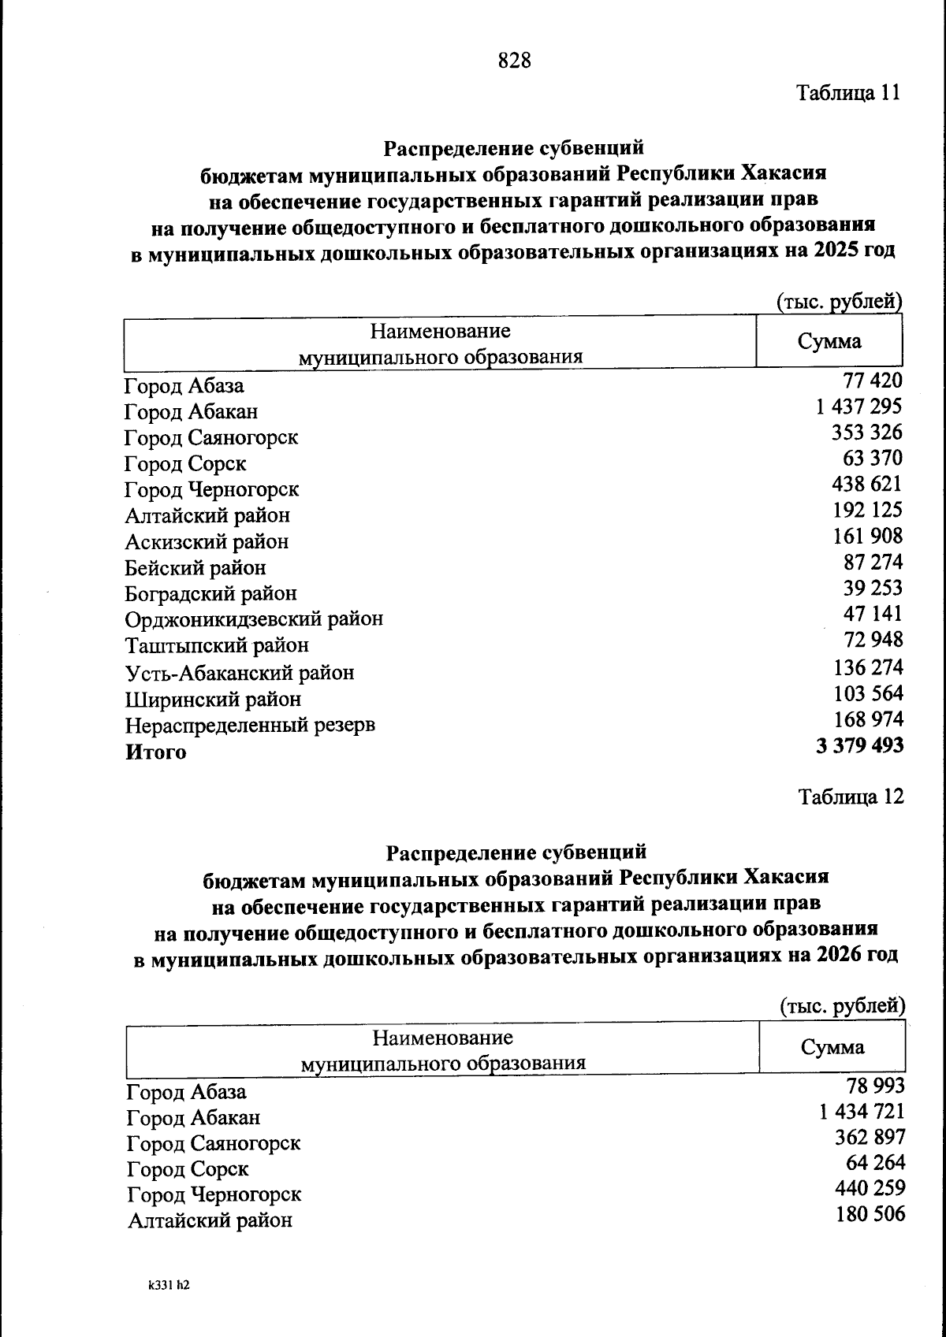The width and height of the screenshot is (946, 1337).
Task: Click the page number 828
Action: click(x=515, y=60)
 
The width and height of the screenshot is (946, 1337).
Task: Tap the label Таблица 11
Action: click(x=847, y=93)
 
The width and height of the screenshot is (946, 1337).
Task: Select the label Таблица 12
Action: click(x=851, y=797)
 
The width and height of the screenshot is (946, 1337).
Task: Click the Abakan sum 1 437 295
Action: click(x=858, y=407)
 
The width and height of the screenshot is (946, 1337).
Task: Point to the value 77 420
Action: click(x=872, y=381)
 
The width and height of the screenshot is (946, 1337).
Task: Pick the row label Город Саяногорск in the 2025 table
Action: click(x=211, y=438)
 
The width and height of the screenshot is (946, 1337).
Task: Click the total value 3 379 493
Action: click(x=859, y=745)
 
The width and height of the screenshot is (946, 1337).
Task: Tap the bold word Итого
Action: click(x=156, y=752)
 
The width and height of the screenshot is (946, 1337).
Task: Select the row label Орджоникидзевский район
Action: click(x=254, y=619)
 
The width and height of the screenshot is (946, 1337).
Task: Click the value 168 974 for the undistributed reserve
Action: click(x=868, y=719)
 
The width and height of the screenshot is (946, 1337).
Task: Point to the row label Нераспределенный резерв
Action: click(x=250, y=725)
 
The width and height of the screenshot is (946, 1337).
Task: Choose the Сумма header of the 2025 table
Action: click(x=829, y=342)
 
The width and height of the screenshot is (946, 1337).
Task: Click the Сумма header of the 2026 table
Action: click(x=832, y=1047)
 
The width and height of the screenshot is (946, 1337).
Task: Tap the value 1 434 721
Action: click(x=862, y=1112)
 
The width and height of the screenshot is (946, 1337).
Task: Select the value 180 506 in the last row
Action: click(x=870, y=1214)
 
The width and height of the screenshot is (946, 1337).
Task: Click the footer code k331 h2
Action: click(x=169, y=1285)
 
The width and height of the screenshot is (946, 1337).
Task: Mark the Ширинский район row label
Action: click(x=213, y=700)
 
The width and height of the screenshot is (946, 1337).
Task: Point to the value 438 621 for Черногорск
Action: click(x=866, y=484)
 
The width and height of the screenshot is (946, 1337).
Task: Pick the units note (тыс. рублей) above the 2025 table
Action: click(x=839, y=302)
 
